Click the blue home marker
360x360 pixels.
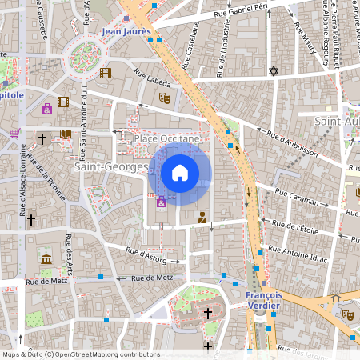pyautogui.click(x=180, y=172)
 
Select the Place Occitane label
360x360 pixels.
pyautogui.click(x=166, y=139)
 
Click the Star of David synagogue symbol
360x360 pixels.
pyautogui.click(x=274, y=71)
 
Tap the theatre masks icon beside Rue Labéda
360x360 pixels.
pyautogui.click(x=165, y=98)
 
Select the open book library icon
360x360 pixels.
pyautogui.click(x=66, y=134)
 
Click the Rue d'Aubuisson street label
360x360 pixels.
pyautogui.click(x=291, y=142)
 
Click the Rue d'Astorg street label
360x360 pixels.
pyautogui.click(x=145, y=253)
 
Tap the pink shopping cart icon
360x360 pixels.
pyautogui.click(x=14, y=133)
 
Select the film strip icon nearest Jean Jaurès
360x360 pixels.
pyautogui.click(x=106, y=74)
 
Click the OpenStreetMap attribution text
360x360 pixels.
pyautogui.click(x=81, y=354)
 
